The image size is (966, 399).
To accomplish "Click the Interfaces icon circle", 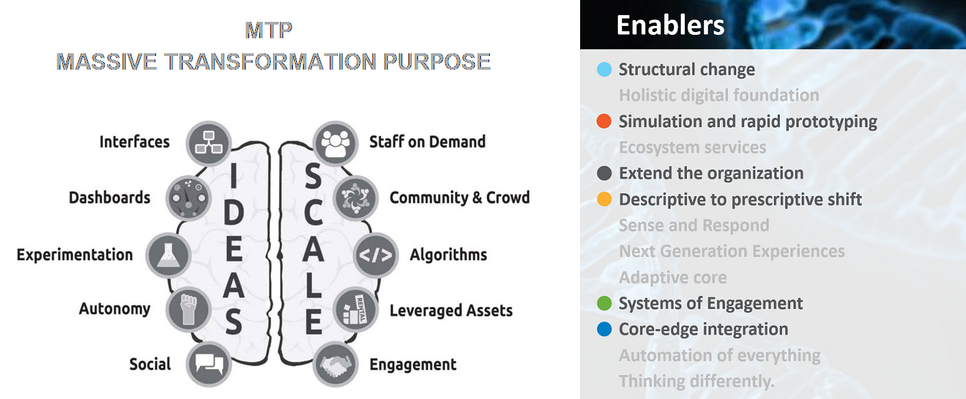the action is click(209, 143).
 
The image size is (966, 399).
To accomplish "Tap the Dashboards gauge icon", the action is click(188, 199).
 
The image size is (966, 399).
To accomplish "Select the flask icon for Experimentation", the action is click(168, 255).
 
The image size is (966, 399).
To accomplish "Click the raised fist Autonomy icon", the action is click(188, 309).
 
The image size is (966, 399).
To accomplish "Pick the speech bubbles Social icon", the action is click(209, 364).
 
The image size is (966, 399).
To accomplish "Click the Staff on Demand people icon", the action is click(335, 143).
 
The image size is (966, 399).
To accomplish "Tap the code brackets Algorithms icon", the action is click(376, 255).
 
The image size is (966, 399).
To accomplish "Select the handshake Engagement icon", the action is click(335, 364).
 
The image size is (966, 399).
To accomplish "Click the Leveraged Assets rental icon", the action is click(356, 309).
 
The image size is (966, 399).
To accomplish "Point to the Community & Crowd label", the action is click(460, 197).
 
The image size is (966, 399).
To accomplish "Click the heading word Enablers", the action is click(670, 25).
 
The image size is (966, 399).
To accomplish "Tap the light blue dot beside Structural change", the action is click(604, 70).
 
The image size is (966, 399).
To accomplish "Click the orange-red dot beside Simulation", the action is click(604, 121).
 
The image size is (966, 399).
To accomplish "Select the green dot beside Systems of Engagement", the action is click(604, 303).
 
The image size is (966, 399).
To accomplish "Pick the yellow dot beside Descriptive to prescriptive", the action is click(604, 199).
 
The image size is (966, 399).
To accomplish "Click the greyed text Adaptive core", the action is click(673, 277).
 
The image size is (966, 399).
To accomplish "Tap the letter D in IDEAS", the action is click(234, 213).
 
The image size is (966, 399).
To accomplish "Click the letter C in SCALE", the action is click(313, 213).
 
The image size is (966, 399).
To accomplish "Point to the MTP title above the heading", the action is click(269, 30).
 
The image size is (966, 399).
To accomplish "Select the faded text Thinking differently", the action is click(696, 381).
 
